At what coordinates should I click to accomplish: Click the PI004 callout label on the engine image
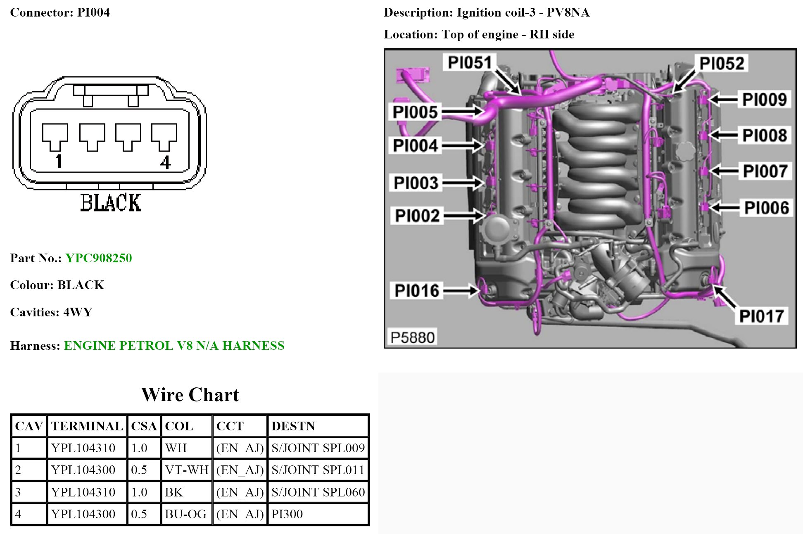(415, 146)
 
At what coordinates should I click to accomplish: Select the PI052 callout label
(722, 63)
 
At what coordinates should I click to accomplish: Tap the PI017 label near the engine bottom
(761, 316)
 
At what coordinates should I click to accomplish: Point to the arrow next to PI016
(461, 291)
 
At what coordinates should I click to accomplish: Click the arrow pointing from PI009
(723, 99)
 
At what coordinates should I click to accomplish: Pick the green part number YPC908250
(99, 258)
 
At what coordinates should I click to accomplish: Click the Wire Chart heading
(190, 395)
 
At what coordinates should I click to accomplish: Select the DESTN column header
(293, 426)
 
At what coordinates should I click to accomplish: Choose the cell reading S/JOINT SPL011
(318, 470)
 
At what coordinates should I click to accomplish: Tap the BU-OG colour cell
(185, 514)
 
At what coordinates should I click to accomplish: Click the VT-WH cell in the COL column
(187, 470)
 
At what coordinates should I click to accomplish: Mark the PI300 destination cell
(287, 514)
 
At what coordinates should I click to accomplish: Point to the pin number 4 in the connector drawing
(165, 162)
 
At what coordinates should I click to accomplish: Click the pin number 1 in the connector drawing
(59, 161)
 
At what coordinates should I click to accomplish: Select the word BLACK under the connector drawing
(111, 203)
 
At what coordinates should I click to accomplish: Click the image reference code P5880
(412, 337)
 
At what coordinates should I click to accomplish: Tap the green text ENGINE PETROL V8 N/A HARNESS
(174, 346)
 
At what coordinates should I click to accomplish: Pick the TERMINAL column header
(87, 426)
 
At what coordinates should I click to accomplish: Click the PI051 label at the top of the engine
(470, 63)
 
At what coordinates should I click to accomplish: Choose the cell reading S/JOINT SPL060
(318, 492)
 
